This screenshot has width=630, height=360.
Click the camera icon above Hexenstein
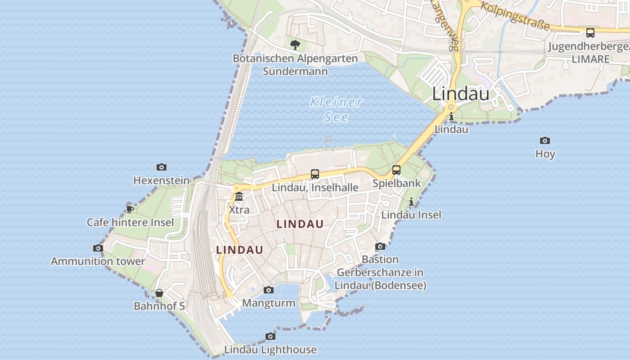[162, 167]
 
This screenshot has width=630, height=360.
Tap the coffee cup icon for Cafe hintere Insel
[130, 209]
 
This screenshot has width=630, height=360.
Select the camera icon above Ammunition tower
[98, 248]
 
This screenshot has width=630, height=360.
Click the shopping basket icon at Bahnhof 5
[159, 293]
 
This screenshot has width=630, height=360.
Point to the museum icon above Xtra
[239, 197]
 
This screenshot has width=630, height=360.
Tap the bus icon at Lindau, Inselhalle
[315, 174]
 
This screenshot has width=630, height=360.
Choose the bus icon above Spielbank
[396, 170]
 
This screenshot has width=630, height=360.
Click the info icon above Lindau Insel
[411, 202]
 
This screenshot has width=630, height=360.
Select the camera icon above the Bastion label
[380, 246]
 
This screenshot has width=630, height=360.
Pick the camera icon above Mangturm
[269, 290]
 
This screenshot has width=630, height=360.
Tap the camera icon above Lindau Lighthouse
[270, 336]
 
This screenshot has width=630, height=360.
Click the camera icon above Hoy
[545, 141]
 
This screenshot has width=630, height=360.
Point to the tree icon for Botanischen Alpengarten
[295, 45]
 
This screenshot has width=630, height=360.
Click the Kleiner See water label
[336, 109]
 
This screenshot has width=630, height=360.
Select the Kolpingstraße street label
[515, 15]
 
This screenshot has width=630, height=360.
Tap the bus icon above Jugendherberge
[590, 33]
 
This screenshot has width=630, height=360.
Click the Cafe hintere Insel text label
[130, 222]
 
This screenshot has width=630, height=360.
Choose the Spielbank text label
[396, 183]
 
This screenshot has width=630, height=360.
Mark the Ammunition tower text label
[98, 261]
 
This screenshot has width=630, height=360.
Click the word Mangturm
[269, 303]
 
